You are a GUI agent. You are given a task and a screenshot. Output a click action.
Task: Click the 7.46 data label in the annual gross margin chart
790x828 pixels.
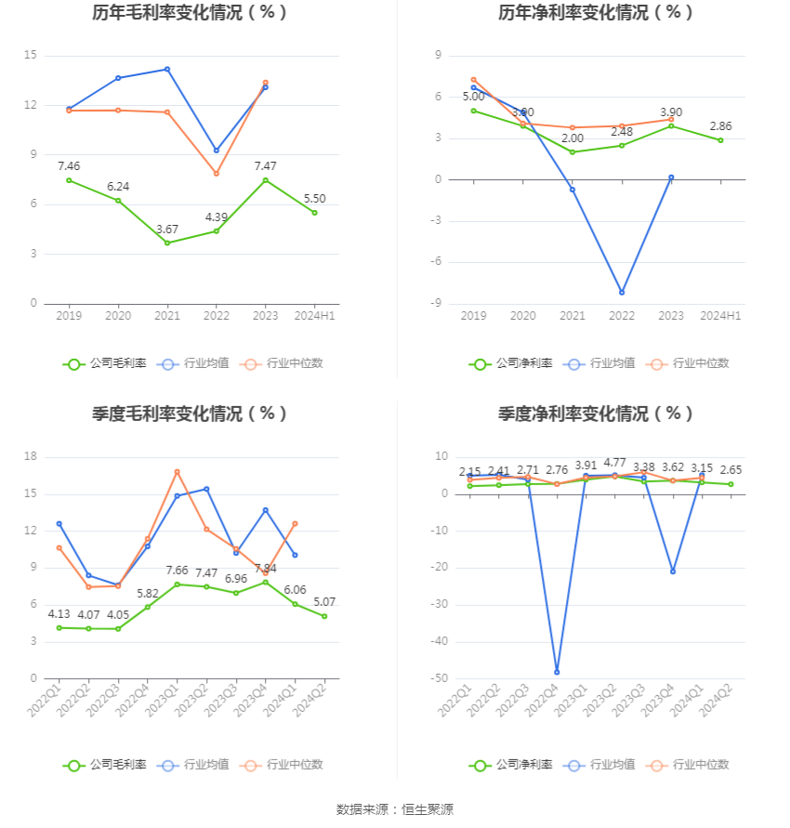click(69, 165)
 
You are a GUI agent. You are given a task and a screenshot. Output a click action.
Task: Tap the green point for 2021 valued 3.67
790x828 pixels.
click(167, 243)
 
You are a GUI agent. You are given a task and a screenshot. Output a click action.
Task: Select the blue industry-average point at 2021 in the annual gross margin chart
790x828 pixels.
click(167, 69)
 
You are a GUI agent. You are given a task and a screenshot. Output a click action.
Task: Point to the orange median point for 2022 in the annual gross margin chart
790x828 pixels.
click(217, 174)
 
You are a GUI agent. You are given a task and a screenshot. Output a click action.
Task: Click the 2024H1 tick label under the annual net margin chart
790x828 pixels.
click(720, 316)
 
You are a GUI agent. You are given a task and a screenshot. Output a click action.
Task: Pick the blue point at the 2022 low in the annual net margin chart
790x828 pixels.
click(622, 293)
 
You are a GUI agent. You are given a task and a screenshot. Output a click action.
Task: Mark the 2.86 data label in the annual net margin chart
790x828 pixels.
click(720, 126)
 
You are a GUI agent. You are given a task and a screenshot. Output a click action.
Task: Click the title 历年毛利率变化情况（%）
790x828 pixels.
click(190, 13)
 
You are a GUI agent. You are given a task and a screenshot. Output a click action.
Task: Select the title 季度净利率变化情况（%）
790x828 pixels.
click(596, 414)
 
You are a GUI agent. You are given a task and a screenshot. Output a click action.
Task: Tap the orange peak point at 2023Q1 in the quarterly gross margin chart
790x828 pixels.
click(177, 472)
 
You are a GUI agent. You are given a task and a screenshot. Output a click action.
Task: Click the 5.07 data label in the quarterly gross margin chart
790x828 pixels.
click(324, 601)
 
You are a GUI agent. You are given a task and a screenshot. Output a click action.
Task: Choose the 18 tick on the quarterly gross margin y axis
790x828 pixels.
click(30, 456)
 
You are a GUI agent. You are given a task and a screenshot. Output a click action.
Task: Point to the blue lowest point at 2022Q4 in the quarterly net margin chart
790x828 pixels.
click(557, 672)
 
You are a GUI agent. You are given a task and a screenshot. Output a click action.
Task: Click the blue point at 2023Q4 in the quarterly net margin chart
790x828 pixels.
click(673, 572)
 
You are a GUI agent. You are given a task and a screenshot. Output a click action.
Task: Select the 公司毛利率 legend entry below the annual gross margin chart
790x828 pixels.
click(105, 363)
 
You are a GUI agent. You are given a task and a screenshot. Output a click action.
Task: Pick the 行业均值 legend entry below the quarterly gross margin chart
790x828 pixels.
click(193, 765)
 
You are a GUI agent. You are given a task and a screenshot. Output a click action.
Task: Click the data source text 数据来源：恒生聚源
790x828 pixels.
click(395, 809)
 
